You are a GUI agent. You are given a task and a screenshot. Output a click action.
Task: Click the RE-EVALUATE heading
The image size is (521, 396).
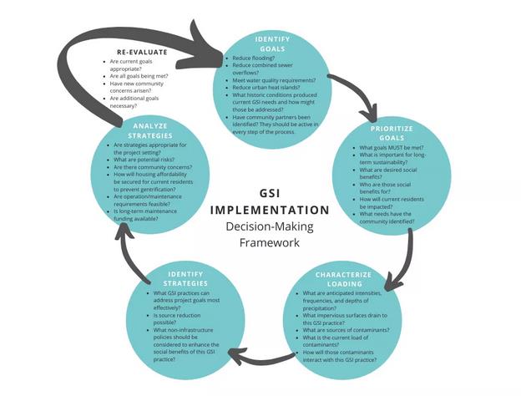point(136,52)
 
